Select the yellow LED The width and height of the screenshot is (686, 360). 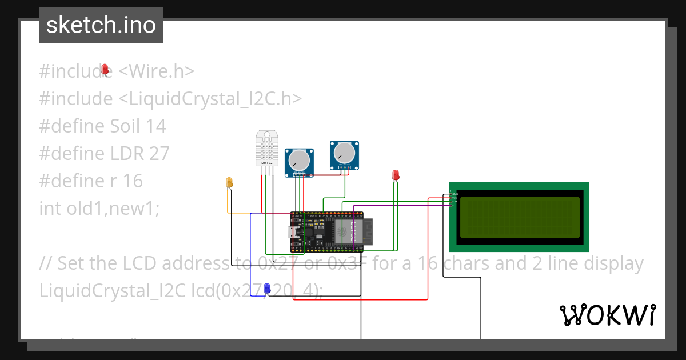pos(230,182)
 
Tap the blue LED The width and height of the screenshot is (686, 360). pos(267,289)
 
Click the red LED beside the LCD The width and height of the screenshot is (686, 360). pos(395,175)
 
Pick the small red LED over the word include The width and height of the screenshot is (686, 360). pos(105,69)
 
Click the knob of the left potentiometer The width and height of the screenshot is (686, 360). pos(298,161)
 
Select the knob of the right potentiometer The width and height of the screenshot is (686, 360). pos(344,153)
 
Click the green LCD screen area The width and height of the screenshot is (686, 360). pos(519,217)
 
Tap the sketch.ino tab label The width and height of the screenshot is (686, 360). pos(101,25)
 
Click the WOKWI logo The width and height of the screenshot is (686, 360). pos(607,315)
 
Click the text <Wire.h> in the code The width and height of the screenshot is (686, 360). pos(156,71)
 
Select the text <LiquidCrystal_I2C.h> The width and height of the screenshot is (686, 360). pos(210,99)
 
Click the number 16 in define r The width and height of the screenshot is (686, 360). pos(132,181)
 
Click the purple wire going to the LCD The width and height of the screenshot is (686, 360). pos(400,206)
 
